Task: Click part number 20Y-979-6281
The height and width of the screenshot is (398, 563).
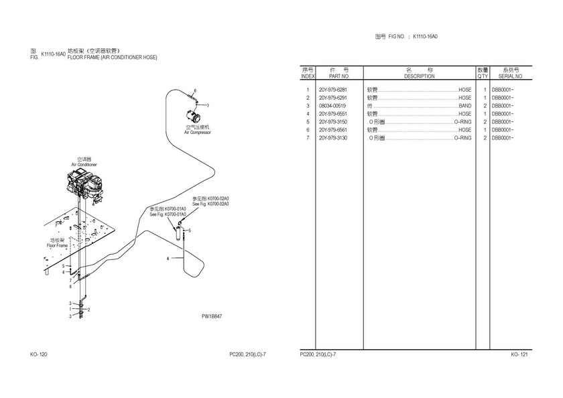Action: tap(333, 90)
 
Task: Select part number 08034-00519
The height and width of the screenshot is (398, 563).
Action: tap(332, 106)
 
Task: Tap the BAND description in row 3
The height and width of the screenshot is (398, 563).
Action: tap(465, 106)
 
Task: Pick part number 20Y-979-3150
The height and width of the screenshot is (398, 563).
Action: tap(333, 122)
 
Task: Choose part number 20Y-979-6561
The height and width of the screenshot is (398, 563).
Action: tap(333, 130)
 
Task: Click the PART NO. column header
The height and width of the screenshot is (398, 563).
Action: tap(339, 76)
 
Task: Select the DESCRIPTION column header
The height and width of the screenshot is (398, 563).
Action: tap(419, 76)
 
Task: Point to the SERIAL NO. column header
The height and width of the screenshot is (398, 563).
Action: tap(511, 76)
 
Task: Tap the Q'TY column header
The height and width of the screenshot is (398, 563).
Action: tap(483, 76)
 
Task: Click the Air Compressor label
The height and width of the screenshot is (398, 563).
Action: tap(198, 133)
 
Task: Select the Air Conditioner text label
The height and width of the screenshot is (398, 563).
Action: tap(84, 165)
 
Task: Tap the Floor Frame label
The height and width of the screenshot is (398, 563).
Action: tap(57, 246)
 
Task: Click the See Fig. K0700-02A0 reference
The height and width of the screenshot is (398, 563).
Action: tap(210, 204)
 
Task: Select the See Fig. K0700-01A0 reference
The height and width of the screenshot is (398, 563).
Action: tap(168, 214)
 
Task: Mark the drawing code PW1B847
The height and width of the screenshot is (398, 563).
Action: tap(212, 316)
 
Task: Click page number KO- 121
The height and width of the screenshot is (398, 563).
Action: tap(519, 354)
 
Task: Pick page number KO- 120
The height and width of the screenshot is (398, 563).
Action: tap(38, 354)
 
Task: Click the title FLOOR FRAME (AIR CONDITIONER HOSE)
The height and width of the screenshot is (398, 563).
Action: tap(113, 58)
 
